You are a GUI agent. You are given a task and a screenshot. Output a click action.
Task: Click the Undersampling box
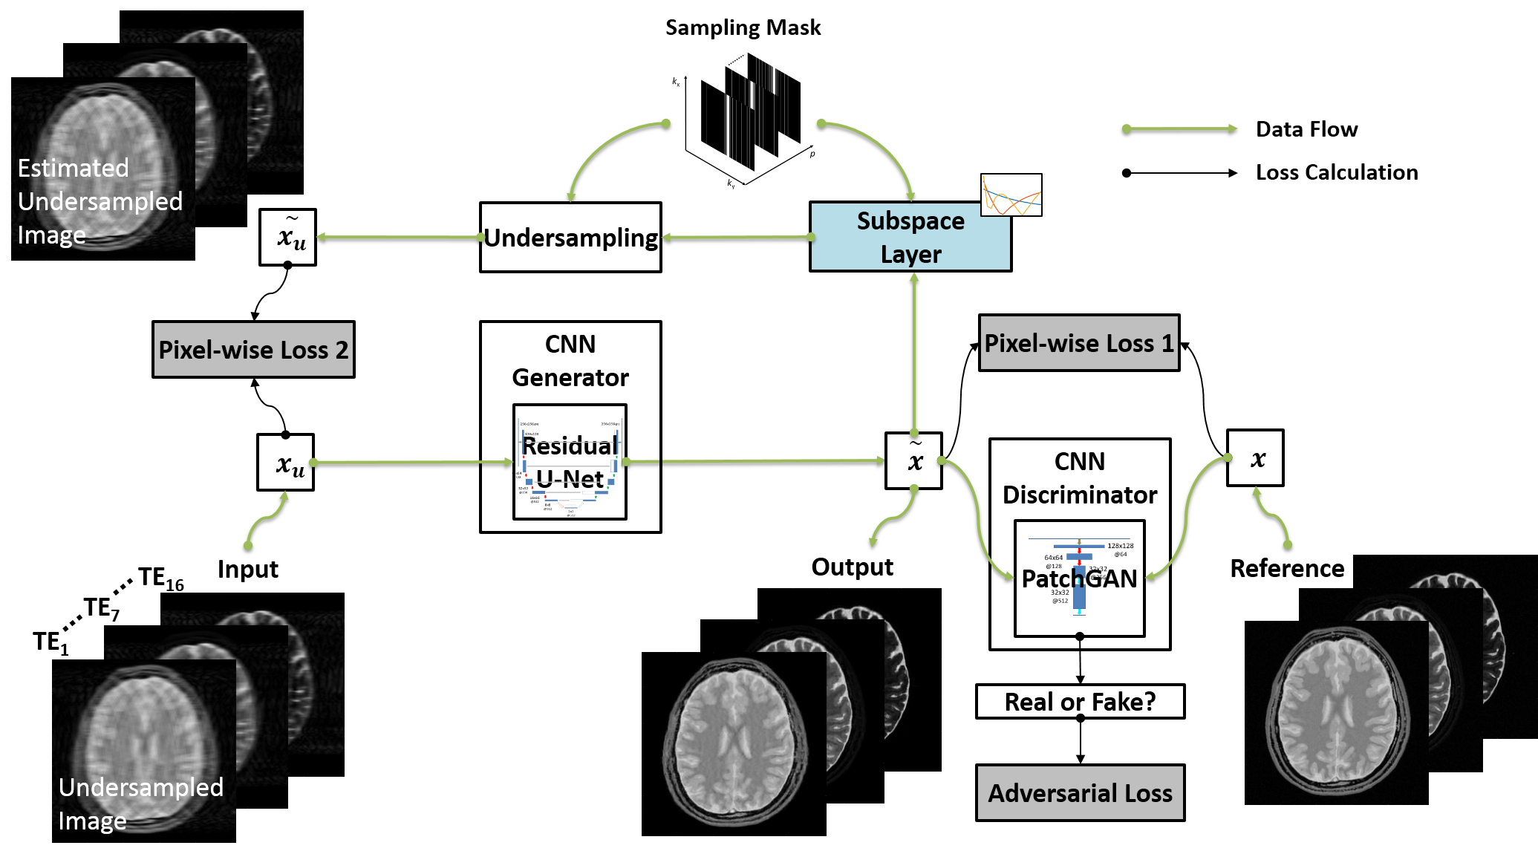570,238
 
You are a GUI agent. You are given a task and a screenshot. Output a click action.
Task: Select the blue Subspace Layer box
910,238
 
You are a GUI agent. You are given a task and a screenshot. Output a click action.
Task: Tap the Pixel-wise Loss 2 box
253,350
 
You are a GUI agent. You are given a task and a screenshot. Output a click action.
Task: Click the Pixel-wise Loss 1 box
1079,343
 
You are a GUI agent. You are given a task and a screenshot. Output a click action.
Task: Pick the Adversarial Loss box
1080,793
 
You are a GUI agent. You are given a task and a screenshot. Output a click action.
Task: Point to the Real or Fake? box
1080,702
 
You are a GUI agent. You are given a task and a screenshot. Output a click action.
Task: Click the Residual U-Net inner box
570,462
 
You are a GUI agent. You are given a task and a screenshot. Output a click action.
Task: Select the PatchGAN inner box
1079,578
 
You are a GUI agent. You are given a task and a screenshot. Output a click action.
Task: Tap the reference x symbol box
1255,458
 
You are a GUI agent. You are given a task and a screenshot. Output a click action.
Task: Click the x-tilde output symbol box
913,461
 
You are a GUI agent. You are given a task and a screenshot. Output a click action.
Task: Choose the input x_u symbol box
286,463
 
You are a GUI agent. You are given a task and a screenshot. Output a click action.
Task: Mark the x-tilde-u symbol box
287,238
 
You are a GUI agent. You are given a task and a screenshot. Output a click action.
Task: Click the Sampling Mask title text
743,28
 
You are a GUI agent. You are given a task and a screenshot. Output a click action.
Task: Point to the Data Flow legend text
1306,129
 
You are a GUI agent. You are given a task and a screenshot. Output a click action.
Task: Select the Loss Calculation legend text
1337,172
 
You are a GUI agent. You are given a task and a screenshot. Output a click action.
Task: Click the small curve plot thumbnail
1011,195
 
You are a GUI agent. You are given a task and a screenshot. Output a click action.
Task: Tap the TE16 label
160,578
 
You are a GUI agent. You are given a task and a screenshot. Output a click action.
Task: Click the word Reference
1287,569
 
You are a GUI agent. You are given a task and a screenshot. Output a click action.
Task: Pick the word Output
852,567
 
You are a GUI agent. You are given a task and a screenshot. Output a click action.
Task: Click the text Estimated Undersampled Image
100,201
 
